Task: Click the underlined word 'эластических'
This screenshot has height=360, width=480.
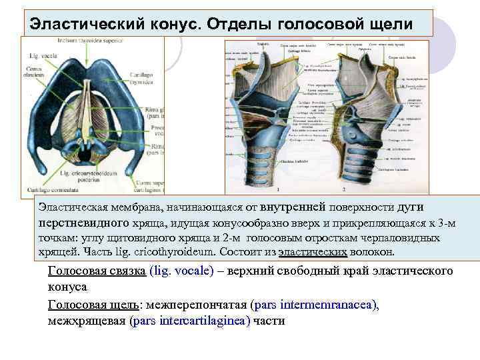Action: click(312, 253)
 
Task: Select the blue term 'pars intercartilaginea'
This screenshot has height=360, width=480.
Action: click(191, 321)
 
